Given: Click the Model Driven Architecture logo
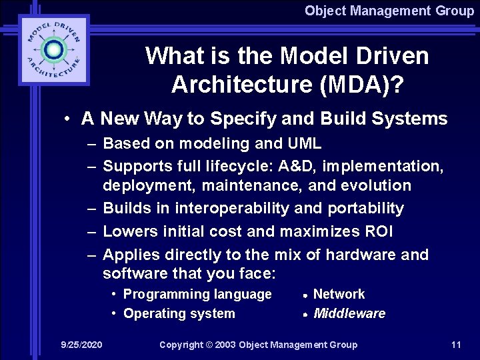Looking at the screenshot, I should click(53, 51).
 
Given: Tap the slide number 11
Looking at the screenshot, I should click(456, 345).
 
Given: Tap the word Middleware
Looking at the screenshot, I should click(349, 313).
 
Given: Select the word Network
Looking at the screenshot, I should click(339, 294).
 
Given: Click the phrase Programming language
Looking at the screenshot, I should click(198, 294).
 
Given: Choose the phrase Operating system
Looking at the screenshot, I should click(179, 313).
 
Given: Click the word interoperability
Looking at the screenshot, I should click(232, 208).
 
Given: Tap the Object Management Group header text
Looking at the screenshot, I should click(389, 11).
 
